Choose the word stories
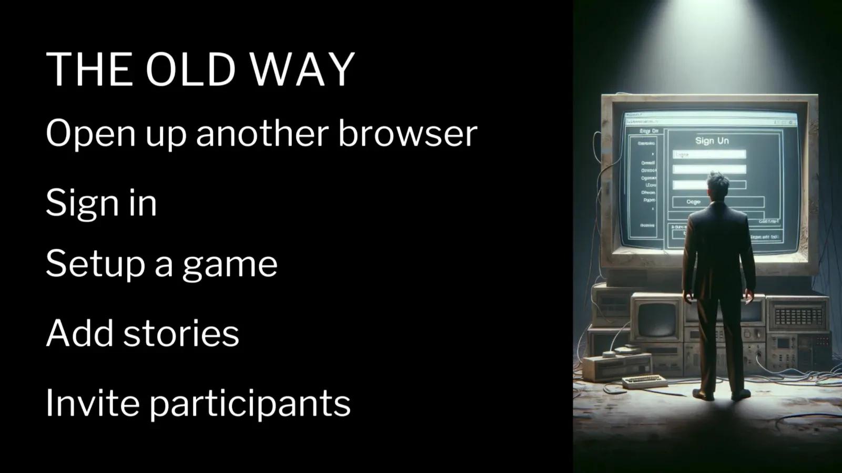coord(181,333)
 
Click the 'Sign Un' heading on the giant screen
coord(712,140)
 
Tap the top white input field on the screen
coord(709,155)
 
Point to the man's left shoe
coord(703,395)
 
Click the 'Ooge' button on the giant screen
coord(693,202)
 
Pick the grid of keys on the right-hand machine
coord(798,316)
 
